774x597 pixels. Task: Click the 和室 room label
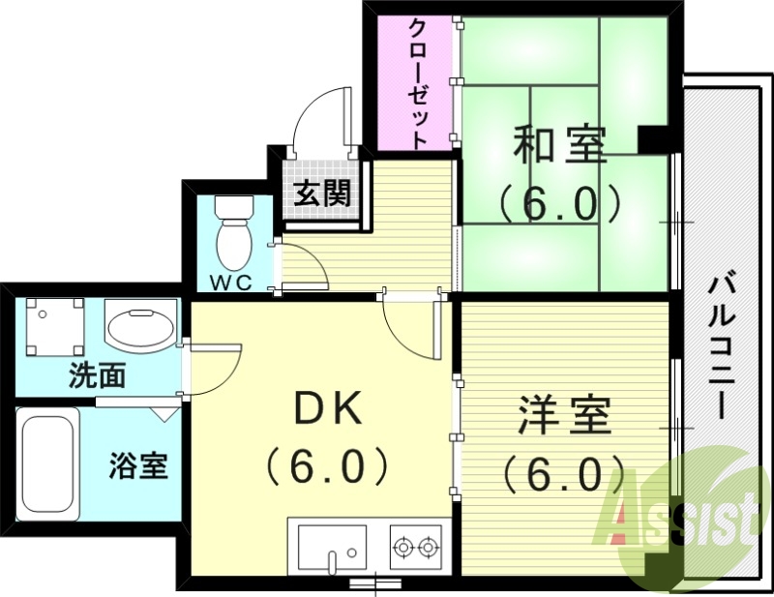559,148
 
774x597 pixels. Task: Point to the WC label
231,283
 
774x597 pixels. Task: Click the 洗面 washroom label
97,375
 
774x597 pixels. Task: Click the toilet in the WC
233,235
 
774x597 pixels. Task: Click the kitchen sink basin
331,547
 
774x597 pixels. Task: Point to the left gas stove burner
402,549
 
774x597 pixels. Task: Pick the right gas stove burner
428,549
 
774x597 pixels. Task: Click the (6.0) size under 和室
559,203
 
